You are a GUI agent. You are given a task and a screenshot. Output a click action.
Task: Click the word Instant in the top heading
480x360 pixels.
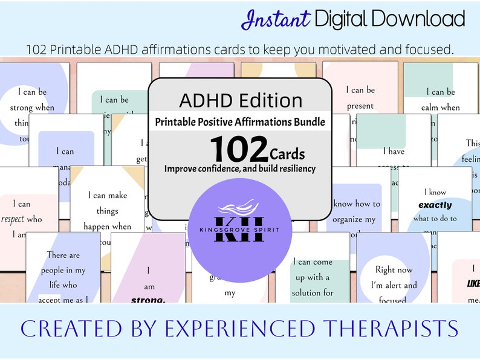click(x=276, y=19)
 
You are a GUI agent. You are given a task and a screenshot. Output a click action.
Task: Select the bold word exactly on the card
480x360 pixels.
click(x=435, y=205)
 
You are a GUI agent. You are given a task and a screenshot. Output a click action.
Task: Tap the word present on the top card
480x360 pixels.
click(x=360, y=106)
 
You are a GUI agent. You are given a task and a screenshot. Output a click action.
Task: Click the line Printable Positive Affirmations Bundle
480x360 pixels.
click(x=240, y=122)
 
